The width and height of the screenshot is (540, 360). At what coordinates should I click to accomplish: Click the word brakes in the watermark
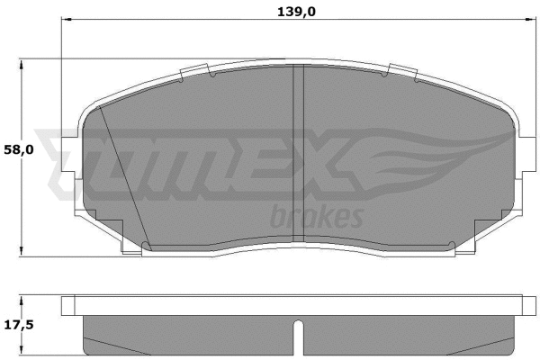[316, 217]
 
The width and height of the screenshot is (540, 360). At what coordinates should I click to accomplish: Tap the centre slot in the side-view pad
[298, 337]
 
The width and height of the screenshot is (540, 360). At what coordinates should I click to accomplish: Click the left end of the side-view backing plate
[67, 306]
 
